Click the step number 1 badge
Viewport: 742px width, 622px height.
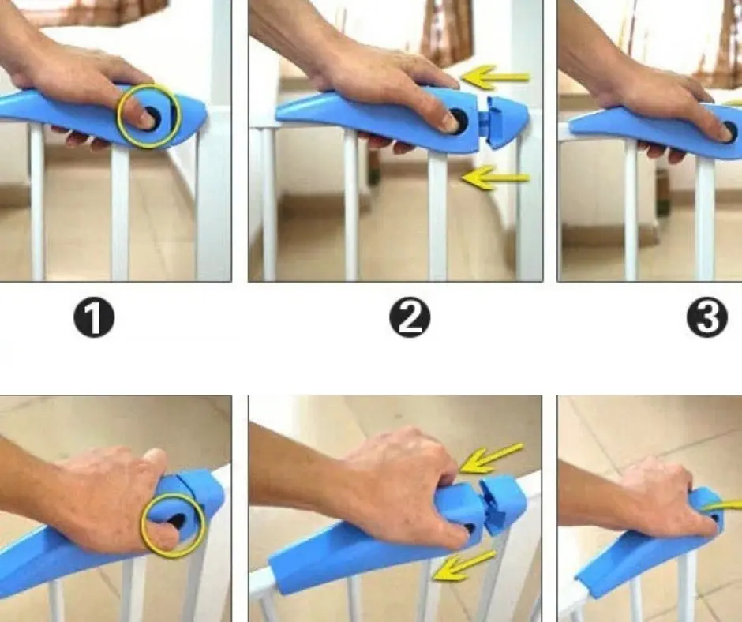(94, 318)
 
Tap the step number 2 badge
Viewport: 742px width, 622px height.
(410, 317)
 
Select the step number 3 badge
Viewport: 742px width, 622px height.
(707, 317)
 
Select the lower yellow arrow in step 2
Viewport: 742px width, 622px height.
(496, 178)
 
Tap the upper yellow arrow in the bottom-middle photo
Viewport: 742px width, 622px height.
(491, 457)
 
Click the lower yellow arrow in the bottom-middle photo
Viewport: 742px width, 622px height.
(464, 566)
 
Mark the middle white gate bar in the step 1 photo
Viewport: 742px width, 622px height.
(120, 213)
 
